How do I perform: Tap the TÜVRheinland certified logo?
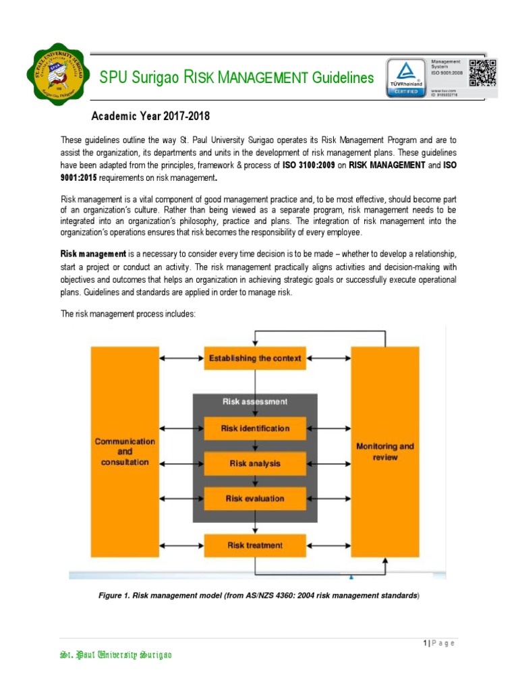click(x=405, y=78)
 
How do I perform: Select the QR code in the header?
click(x=483, y=73)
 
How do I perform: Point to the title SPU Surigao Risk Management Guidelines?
click(x=236, y=78)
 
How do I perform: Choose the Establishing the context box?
click(x=255, y=358)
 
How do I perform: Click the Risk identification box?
click(x=255, y=428)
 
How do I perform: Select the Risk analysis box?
click(x=255, y=464)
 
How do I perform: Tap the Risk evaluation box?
click(x=255, y=499)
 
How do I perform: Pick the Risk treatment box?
click(x=255, y=545)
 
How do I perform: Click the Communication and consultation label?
click(x=125, y=451)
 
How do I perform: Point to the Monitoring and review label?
click(x=385, y=451)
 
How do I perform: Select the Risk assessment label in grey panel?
click(x=255, y=402)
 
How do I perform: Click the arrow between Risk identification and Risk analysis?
click(x=255, y=445)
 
